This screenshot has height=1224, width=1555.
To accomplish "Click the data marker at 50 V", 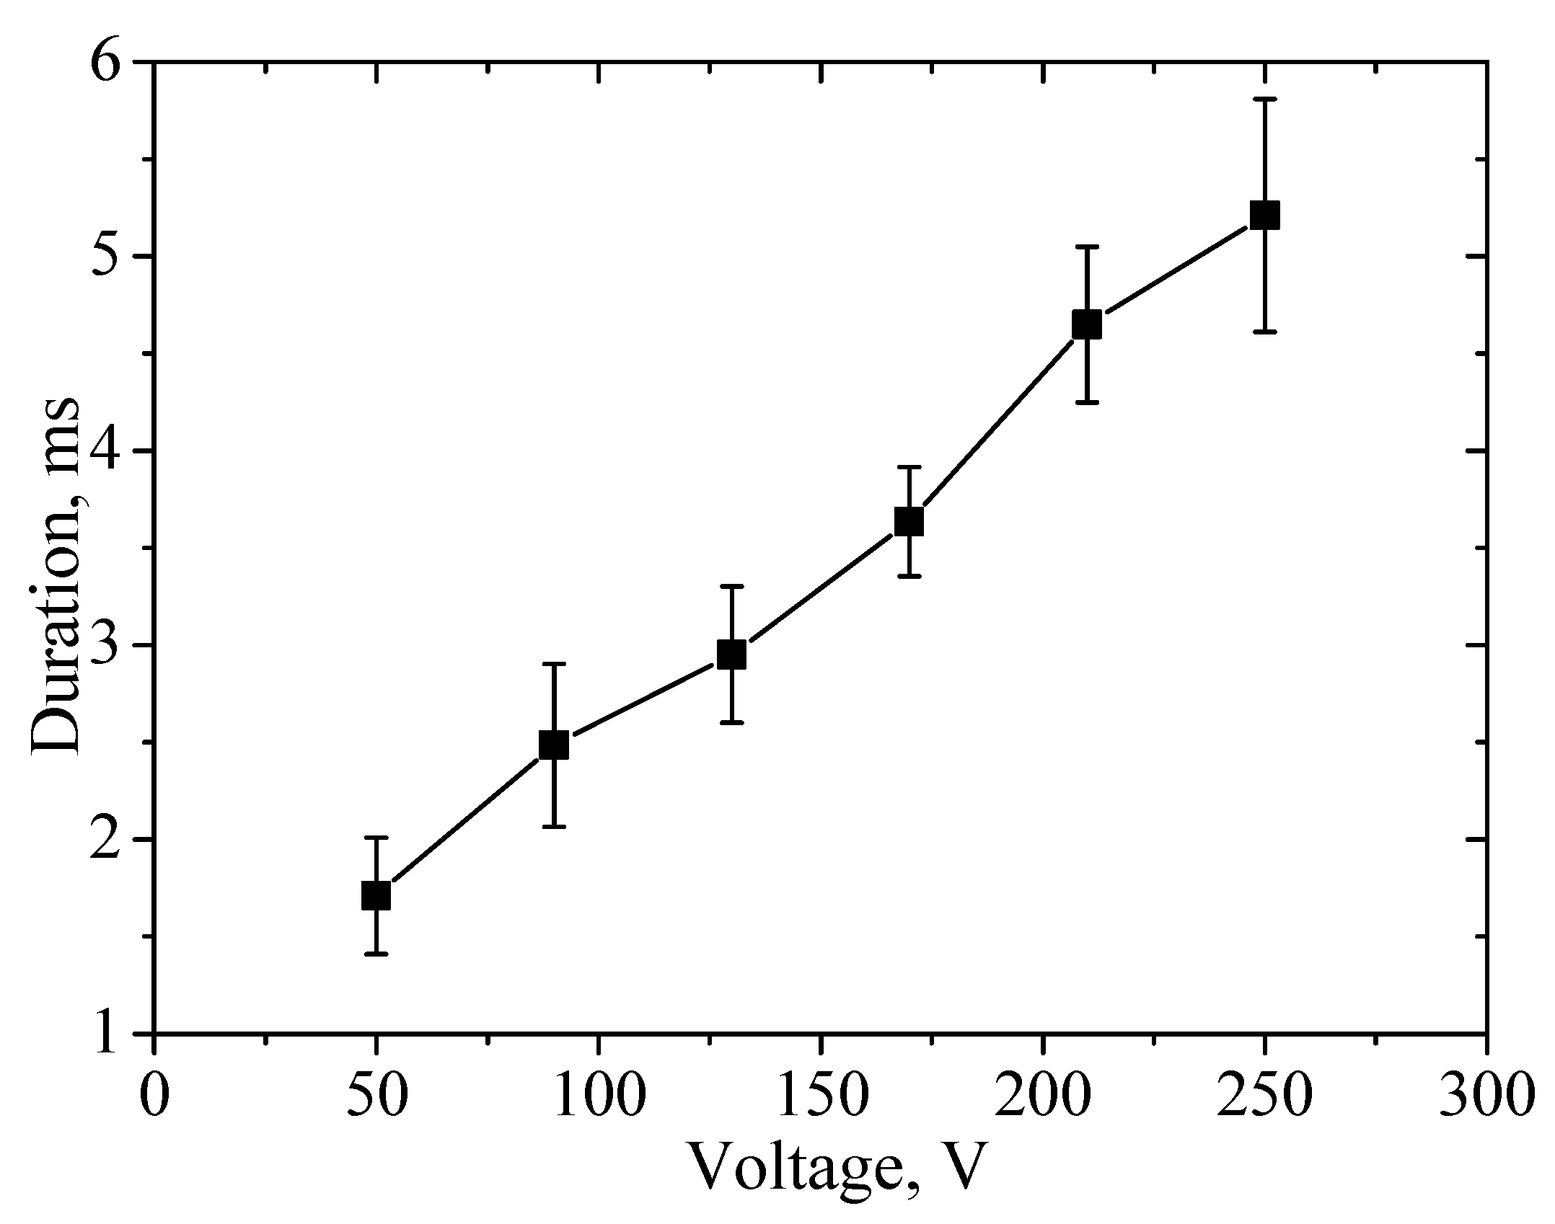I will tap(376, 896).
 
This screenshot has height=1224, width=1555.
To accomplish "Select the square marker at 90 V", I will tap(554, 745).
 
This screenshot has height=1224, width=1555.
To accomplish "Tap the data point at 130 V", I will tap(731, 655).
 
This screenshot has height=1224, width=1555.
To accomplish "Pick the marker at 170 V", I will tap(909, 520).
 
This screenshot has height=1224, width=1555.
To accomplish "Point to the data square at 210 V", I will tap(1087, 324).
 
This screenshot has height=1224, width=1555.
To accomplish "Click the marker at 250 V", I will tap(1264, 216).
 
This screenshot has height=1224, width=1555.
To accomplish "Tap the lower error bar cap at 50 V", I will tap(376, 954).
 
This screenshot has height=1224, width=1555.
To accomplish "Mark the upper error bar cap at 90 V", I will tap(554, 664).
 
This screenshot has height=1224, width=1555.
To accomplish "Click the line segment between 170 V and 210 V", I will tap(998, 422).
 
